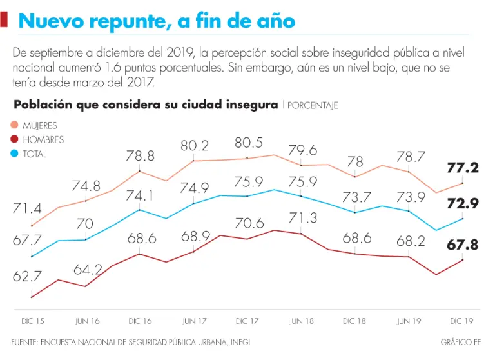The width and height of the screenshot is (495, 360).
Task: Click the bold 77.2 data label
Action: [463, 168]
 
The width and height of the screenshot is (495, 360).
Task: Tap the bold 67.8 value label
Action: [463, 245]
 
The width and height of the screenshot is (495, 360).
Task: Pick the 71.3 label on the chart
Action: [302, 217]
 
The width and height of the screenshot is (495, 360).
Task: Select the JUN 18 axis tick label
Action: [302, 321]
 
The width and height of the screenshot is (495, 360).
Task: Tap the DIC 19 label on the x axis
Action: [463, 321]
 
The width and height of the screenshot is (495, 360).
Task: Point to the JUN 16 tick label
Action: [87, 321]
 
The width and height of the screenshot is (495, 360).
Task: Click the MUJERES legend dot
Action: [14, 125]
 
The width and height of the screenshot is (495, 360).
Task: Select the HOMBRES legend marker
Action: [14, 139]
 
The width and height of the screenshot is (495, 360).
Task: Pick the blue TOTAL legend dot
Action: [14, 154]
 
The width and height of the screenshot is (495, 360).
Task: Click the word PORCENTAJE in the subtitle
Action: [313, 105]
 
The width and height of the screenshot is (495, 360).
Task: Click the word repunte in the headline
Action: [124, 22]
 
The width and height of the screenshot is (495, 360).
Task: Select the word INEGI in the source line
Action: [239, 342]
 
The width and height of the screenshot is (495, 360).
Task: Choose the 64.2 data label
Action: [88, 270]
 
